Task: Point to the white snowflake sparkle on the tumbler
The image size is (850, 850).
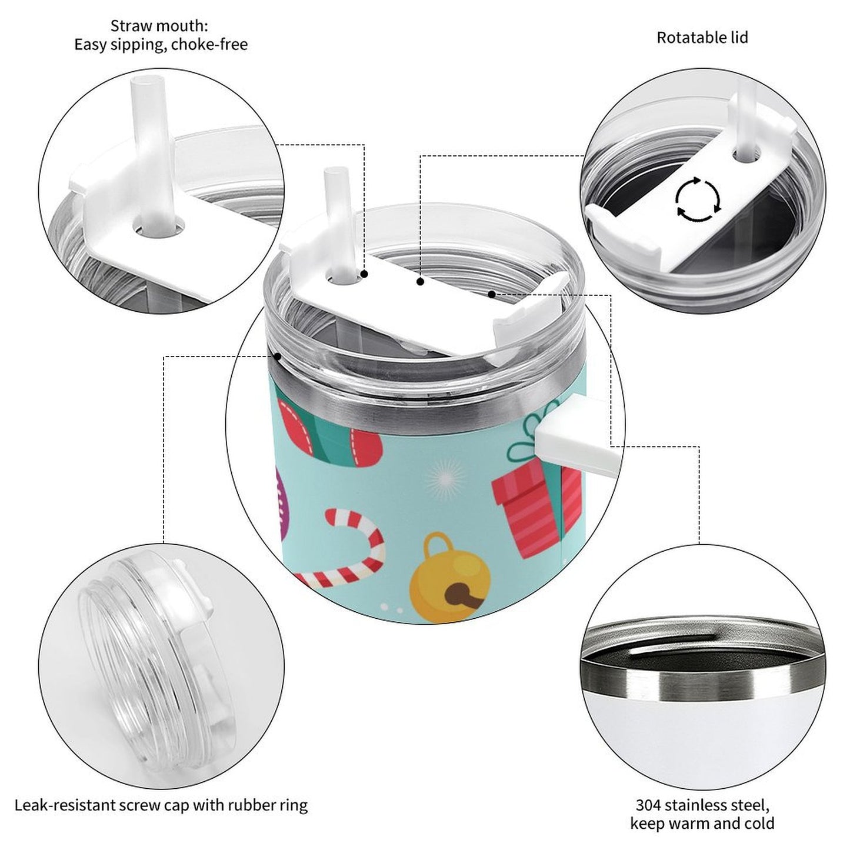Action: click(x=445, y=479)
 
